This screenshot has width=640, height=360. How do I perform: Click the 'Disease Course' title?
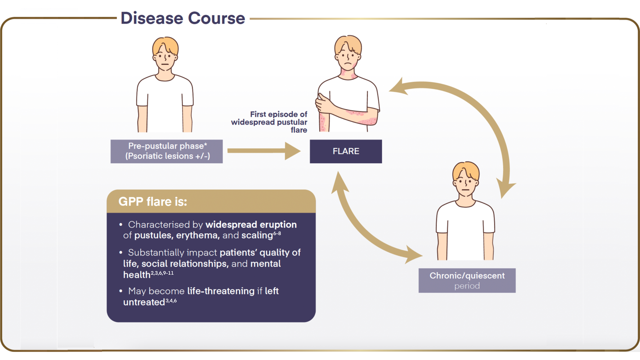[183, 18]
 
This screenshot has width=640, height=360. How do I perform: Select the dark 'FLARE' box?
[345, 151]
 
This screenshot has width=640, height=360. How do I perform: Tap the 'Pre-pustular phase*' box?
[166, 151]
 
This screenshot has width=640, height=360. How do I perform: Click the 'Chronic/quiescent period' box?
[467, 280]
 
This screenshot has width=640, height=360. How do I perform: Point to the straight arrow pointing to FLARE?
[263, 151]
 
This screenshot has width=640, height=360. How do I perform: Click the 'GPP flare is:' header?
[153, 201]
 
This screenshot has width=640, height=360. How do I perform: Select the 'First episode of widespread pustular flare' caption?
[270, 122]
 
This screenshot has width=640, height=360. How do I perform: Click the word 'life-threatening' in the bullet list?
[221, 291]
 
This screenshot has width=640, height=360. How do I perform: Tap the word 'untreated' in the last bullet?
[144, 302]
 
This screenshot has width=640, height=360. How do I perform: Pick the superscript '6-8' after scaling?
[277, 234]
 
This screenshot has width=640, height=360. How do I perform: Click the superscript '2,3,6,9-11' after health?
[162, 273]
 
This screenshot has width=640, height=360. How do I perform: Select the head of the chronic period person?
[465, 179]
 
